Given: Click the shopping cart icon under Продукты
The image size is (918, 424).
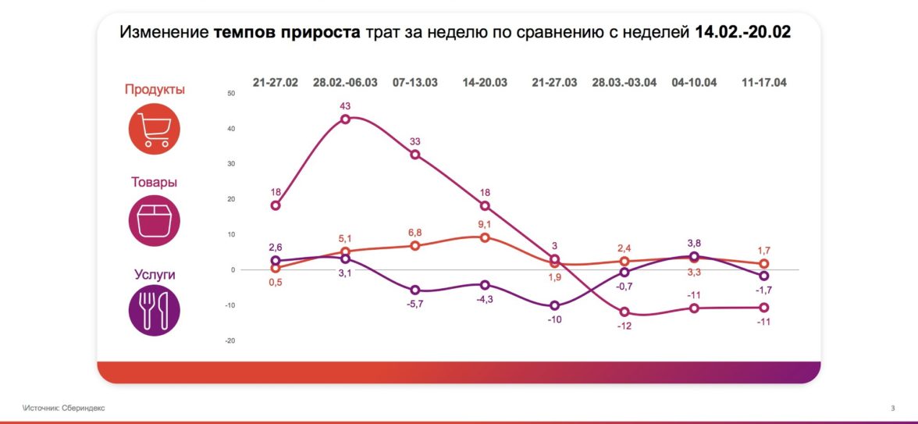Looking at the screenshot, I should tap(154, 129).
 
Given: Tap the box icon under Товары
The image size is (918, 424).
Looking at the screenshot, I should tap(154, 221).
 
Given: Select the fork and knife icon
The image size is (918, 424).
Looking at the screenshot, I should tap(154, 311).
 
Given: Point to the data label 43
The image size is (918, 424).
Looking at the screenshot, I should tap(345, 105).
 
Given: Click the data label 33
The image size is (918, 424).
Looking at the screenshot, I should tap(415, 141).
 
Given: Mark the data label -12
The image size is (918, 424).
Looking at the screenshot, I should tap(624, 326).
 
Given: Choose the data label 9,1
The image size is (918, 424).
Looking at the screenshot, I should tap(484, 224).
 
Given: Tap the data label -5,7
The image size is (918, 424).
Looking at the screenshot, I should tap(415, 304).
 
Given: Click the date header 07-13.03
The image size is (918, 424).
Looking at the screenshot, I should tap(415, 82).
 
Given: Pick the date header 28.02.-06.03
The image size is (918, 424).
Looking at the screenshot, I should tap(345, 82).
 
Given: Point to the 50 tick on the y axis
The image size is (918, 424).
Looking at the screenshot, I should tap(229, 94).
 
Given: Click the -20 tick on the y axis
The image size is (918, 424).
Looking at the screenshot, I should tap(229, 340).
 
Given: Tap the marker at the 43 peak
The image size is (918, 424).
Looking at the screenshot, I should tap(345, 119).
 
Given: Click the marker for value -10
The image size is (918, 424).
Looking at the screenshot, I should tap(554, 306).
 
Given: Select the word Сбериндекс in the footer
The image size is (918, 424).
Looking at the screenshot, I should tap(86, 408).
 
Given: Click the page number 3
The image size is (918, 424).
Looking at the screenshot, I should tap(892, 408).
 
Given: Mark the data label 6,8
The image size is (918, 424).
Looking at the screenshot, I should tap(415, 233).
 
